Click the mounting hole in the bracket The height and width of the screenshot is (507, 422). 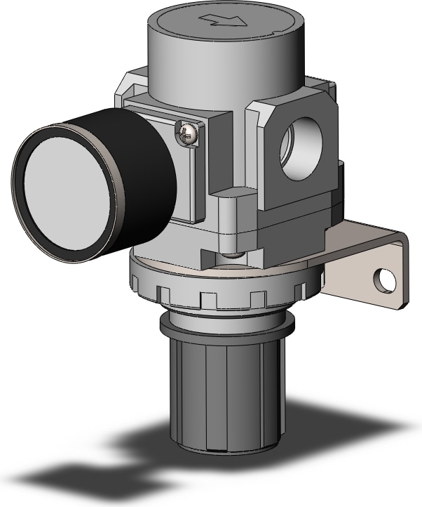tap(383, 280)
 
